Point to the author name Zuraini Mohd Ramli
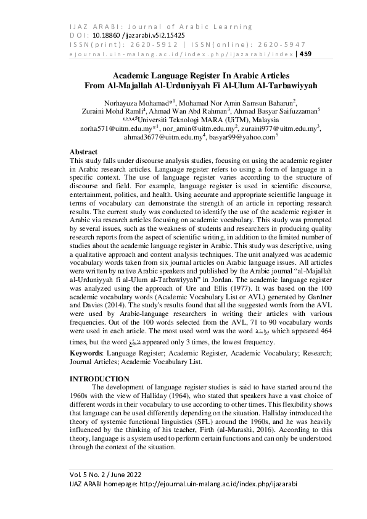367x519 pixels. [108, 111]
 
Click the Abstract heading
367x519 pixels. [83, 151]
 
